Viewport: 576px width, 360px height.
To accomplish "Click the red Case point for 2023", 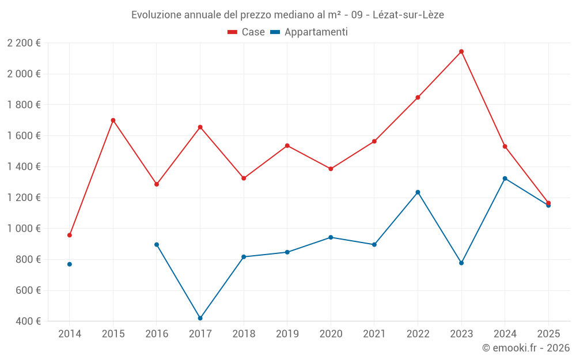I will click(x=461, y=51).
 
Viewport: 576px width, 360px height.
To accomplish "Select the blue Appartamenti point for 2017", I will click(x=200, y=318).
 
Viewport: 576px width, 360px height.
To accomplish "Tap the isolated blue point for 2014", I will click(x=70, y=264).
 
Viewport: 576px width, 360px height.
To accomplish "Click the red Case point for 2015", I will click(x=113, y=120).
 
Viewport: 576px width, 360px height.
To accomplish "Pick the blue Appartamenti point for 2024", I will click(x=505, y=179).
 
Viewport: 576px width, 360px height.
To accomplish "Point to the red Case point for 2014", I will click(x=70, y=235).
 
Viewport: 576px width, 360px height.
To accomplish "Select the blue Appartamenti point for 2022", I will click(x=418, y=192).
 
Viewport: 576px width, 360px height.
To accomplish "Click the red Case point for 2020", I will click(x=331, y=169).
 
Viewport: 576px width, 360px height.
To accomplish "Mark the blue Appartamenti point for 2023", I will click(x=461, y=263).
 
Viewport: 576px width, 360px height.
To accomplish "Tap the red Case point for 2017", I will click(x=200, y=127).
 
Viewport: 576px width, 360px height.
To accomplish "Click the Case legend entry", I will click(x=247, y=32).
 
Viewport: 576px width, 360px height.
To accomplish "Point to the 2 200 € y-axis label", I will click(x=24, y=43).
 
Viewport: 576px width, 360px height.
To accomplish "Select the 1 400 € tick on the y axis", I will click(x=24, y=167).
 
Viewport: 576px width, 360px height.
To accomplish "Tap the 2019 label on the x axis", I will click(x=287, y=334).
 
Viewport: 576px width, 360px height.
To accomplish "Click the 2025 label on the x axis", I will click(x=548, y=334).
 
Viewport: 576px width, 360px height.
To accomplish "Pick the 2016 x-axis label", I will click(x=157, y=334).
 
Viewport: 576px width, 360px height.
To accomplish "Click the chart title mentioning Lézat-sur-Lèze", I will click(x=287, y=14).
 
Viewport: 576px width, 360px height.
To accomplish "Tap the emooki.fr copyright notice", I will click(x=526, y=348).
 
